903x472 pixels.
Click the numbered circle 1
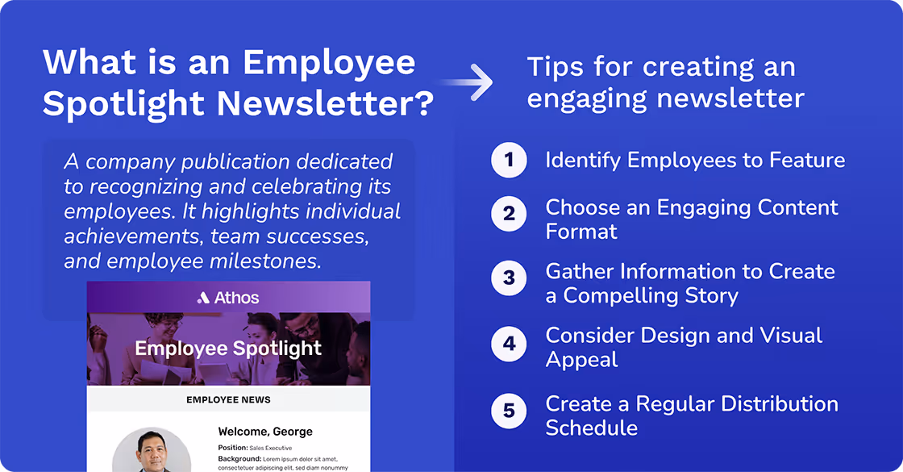click(509, 160)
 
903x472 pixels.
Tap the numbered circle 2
click(509, 215)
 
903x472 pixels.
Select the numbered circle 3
click(509, 278)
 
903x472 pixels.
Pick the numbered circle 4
click(509, 344)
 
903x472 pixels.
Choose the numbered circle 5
click(509, 411)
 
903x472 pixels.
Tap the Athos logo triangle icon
click(203, 298)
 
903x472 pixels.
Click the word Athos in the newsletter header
click(236, 298)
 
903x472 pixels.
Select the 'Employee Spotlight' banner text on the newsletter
click(228, 349)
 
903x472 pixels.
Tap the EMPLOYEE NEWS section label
click(228, 399)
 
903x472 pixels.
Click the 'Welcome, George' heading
click(265, 432)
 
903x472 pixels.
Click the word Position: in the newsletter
click(232, 448)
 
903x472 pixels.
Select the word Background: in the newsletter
click(239, 458)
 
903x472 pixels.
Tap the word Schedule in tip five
click(591, 428)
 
